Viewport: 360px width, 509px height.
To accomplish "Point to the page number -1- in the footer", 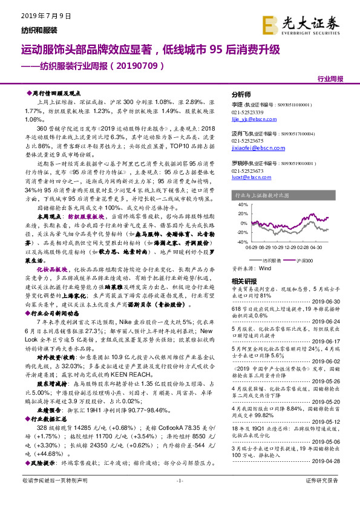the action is [x=180, y=498].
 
